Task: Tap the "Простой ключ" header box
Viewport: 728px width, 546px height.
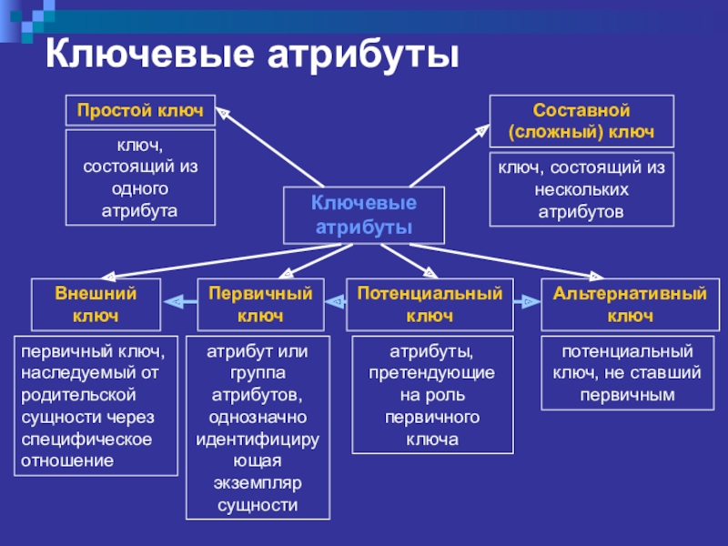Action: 139,110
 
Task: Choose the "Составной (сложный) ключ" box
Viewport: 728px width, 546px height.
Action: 581,121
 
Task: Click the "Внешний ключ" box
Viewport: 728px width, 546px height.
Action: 96,305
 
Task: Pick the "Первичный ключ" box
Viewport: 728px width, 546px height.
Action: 260,305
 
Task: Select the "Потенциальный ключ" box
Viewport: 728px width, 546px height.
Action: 430,305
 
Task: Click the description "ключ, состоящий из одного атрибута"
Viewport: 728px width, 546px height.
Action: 139,177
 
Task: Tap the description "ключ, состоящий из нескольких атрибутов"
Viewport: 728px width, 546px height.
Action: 581,189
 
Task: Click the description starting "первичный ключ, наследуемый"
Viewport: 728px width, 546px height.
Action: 96,406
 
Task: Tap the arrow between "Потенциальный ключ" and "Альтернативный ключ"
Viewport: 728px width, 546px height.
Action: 526,299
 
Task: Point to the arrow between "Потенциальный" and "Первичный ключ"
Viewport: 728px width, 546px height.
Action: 335,301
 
